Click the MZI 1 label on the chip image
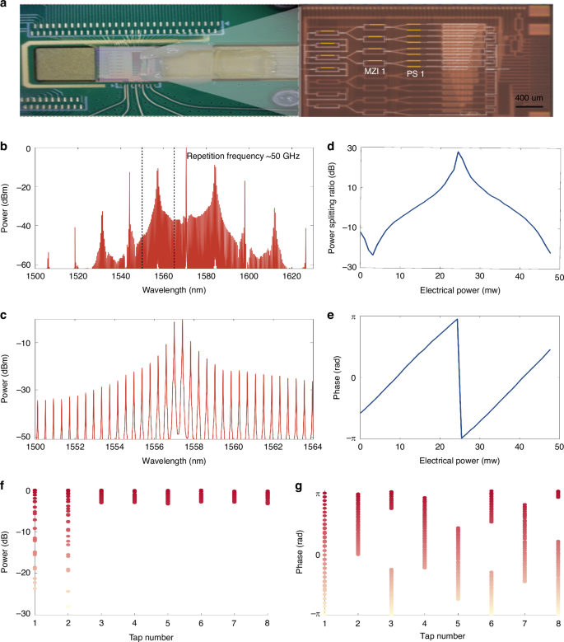point(377,73)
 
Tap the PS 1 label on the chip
point(416,73)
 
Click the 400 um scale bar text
point(527,98)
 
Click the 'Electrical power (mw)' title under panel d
point(458,290)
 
